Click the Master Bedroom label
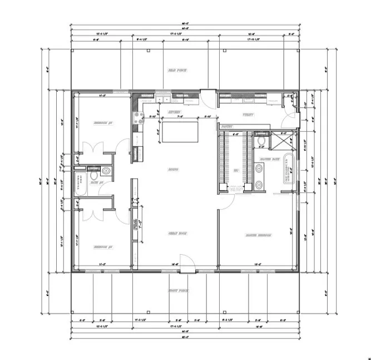[x=258, y=235]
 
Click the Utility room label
[x=248, y=115]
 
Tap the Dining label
[x=174, y=170]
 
